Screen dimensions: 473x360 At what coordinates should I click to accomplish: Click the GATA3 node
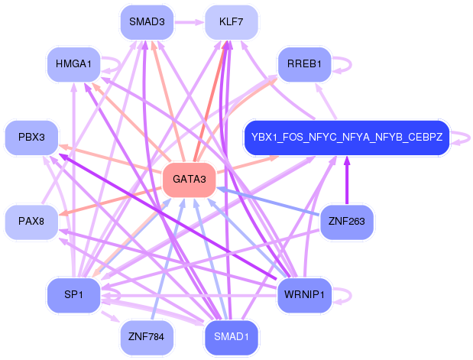[x=190, y=180]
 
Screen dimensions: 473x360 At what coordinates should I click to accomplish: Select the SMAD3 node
[x=147, y=22]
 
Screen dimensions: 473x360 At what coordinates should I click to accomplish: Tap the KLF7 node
[x=232, y=22]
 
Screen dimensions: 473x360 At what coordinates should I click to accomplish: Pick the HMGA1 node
[x=73, y=64]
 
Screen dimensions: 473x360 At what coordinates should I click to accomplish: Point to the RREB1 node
[x=304, y=64]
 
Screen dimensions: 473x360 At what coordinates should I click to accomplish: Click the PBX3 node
[x=31, y=138]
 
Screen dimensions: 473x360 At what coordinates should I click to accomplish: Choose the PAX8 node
[x=31, y=222]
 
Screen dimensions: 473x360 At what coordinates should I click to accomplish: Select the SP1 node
[x=73, y=295]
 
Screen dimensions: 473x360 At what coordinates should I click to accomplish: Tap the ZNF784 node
[x=147, y=337]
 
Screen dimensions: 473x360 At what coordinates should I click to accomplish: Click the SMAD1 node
[x=232, y=337]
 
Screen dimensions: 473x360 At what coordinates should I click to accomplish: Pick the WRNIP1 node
[x=304, y=295]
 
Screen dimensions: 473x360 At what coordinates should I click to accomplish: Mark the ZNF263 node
[x=347, y=222]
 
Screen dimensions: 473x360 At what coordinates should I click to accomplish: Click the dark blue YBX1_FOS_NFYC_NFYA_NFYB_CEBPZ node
[x=347, y=138]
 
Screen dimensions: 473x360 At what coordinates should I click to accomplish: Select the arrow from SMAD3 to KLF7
[x=190, y=22]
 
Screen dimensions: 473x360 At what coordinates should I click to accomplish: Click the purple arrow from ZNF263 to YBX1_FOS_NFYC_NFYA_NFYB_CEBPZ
[x=347, y=180]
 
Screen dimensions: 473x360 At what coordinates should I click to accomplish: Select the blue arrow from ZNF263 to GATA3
[x=268, y=201]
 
